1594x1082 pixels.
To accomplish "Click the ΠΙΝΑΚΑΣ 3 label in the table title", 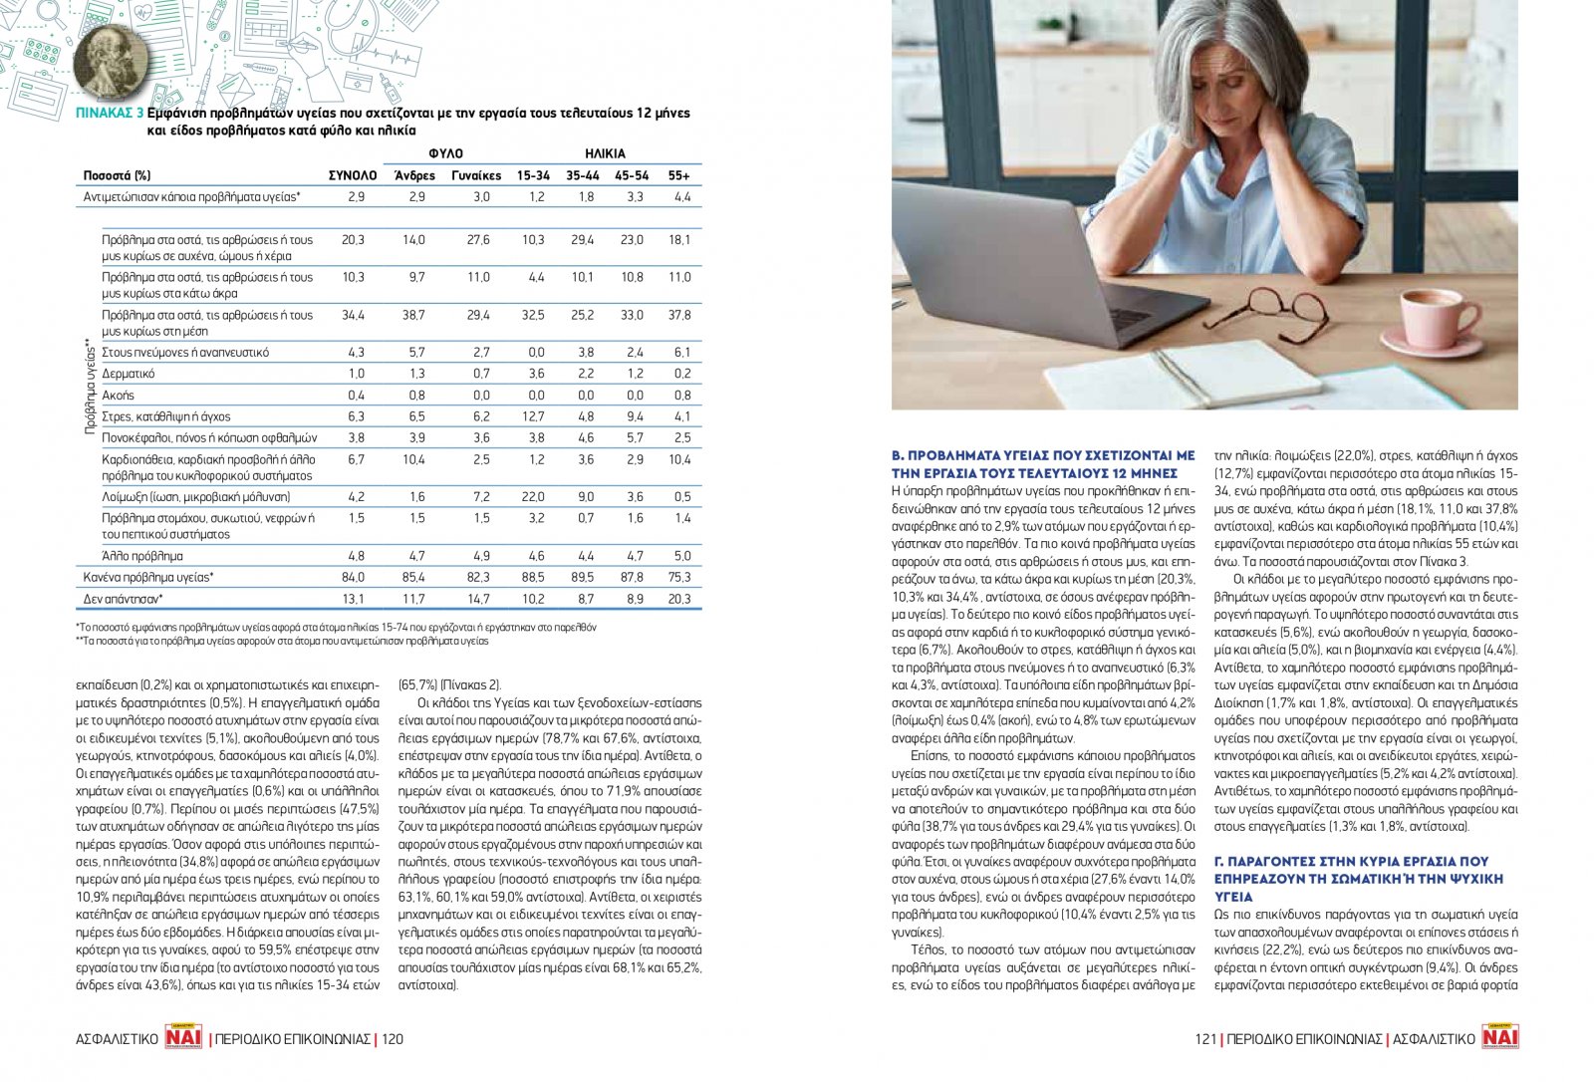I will tap(110, 114).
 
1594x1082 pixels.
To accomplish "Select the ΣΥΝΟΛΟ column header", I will tap(353, 175).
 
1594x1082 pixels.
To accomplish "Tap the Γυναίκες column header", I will tap(476, 175).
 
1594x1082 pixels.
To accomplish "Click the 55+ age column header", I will tap(679, 175).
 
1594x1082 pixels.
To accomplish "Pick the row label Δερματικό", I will tap(129, 374).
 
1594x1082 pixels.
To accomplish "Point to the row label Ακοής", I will tap(118, 396).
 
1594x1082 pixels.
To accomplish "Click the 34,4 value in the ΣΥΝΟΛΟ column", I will tap(353, 315).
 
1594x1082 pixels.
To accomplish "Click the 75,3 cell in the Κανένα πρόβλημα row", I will tap(679, 577).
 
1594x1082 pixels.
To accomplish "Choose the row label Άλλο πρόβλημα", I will tap(142, 556).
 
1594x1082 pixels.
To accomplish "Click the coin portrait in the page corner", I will tap(110, 57).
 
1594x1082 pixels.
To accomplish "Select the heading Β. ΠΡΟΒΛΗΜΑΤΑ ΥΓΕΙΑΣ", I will tap(1042, 464).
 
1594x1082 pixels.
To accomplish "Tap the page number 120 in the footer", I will tap(393, 1039).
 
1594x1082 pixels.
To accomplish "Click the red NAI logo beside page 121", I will tap(1499, 1037).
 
